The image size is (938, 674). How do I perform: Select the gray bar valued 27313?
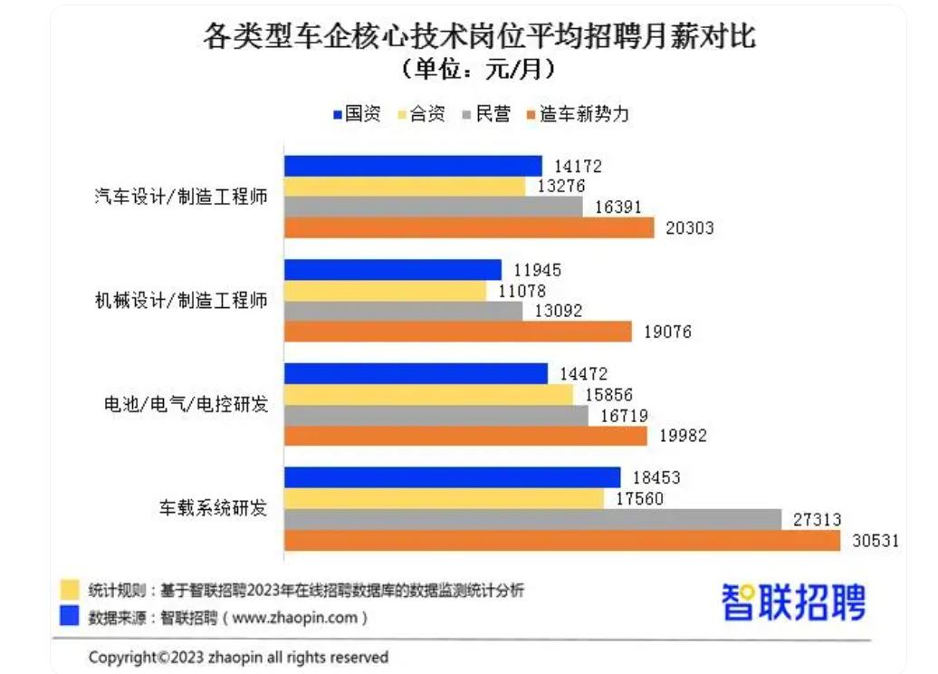click(x=533, y=519)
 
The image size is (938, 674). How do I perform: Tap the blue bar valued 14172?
click(x=413, y=166)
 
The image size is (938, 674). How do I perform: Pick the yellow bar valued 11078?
click(x=385, y=291)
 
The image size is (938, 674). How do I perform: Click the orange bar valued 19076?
click(x=458, y=332)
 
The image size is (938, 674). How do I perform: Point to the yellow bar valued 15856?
click(x=429, y=395)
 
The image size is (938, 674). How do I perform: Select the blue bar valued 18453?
click(x=453, y=477)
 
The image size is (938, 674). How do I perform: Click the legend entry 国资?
click(x=357, y=114)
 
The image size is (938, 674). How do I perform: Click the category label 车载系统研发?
click(x=214, y=508)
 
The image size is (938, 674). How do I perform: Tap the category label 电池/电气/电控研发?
click(x=187, y=405)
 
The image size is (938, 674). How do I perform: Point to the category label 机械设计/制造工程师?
click(x=181, y=301)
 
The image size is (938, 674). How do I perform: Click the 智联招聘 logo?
click(x=793, y=602)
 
